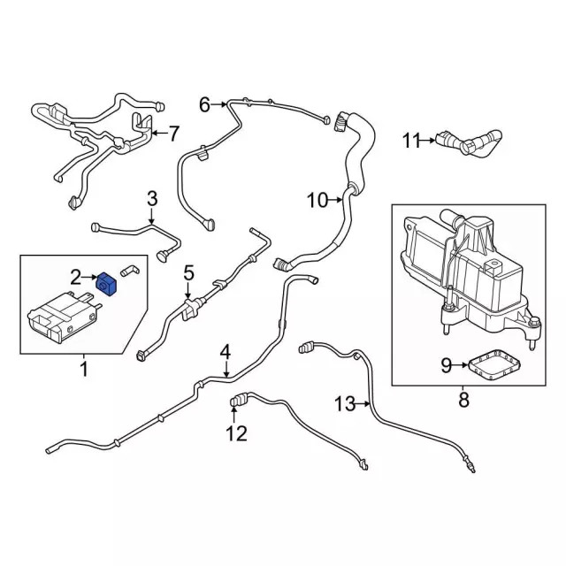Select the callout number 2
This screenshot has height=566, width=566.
[77, 278]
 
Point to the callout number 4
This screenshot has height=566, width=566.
[226, 351]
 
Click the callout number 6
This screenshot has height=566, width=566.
[204, 105]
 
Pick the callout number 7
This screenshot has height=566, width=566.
[173, 134]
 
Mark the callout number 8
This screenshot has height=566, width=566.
[463, 400]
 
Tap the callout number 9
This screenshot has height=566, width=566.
[447, 363]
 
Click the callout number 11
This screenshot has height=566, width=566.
[411, 139]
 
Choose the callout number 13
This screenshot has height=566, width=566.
[345, 404]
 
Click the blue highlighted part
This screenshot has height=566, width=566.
[108, 284]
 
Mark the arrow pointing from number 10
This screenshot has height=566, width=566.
[336, 201]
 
